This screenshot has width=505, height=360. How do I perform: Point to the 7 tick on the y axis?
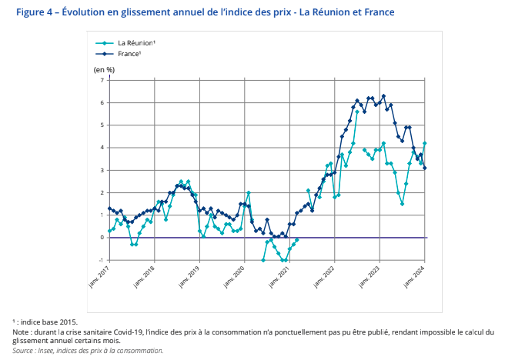pyautogui.click(x=102, y=80)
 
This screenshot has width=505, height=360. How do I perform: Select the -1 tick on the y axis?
pyautogui.click(x=101, y=260)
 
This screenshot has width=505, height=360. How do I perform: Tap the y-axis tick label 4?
pyautogui.click(x=102, y=148)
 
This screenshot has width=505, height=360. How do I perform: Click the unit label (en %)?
pyautogui.click(x=104, y=69)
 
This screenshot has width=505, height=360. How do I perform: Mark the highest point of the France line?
pyautogui.click(x=383, y=96)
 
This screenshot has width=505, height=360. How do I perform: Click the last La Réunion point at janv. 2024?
pyautogui.click(x=425, y=143)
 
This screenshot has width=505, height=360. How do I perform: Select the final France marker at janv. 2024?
pyautogui.click(x=425, y=168)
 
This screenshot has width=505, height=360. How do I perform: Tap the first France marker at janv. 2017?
pyautogui.click(x=109, y=208)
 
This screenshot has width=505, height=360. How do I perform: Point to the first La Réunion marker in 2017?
pyautogui.click(x=109, y=231)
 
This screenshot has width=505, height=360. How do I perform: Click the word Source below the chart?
pyautogui.click(x=22, y=350)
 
